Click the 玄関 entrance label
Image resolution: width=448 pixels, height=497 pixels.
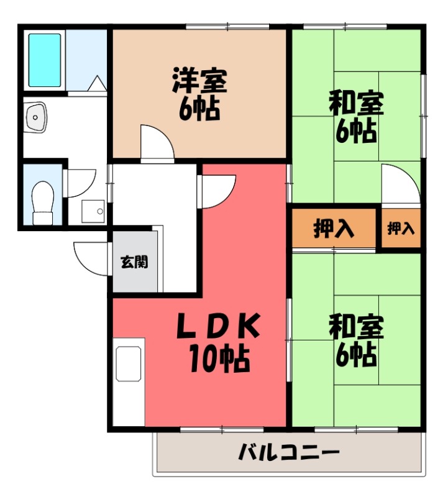(134, 262)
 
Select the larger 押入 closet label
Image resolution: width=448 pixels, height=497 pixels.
(334, 229)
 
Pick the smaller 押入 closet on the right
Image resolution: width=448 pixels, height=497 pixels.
(401, 229)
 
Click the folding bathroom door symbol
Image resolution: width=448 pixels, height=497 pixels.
(98, 84)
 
